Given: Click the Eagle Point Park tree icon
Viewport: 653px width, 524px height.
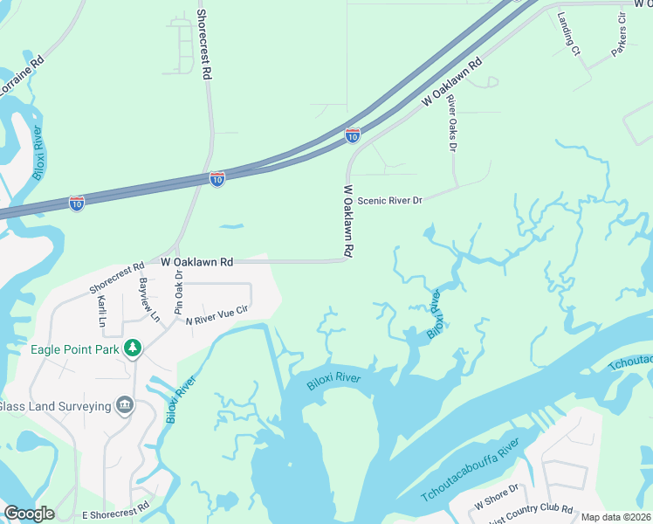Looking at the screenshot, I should tap(132, 349).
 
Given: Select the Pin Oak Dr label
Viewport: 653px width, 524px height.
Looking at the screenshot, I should tap(179, 291).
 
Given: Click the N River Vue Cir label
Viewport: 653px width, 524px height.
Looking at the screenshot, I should tap(217, 315).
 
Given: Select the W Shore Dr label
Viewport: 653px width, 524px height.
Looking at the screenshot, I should tap(497, 500).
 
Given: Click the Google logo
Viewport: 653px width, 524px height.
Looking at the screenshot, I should tap(29, 514).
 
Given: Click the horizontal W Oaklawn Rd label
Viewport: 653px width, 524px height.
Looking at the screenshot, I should tap(196, 261).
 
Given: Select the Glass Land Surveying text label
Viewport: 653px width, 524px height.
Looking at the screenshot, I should tap(55, 406).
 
